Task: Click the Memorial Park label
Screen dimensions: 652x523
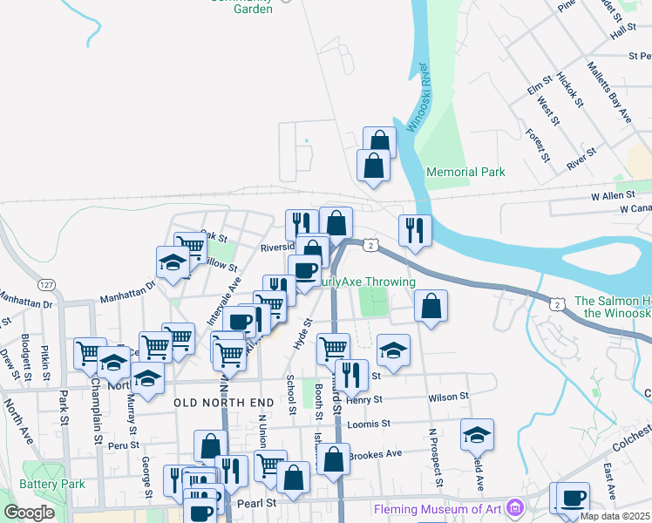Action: click(465, 172)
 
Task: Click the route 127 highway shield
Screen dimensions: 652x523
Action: click(47, 285)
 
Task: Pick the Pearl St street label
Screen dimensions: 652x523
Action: click(258, 503)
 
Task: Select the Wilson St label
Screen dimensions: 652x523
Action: click(448, 397)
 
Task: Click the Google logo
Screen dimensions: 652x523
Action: click(29, 513)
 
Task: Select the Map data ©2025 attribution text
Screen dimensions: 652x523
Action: click(615, 516)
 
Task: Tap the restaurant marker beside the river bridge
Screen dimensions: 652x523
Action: click(415, 229)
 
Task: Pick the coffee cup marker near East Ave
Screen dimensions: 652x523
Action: click(574, 499)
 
